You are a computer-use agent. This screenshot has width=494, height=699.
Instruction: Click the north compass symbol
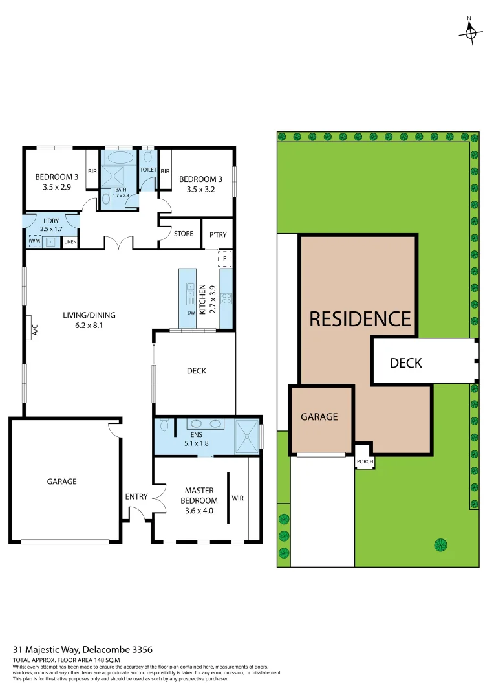click(471, 31)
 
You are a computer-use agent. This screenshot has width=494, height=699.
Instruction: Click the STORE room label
click(184, 234)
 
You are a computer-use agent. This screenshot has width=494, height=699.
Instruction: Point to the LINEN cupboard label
click(70, 242)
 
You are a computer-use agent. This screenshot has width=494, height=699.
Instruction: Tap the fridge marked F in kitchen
click(224, 259)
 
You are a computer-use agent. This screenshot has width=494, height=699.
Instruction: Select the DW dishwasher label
click(191, 313)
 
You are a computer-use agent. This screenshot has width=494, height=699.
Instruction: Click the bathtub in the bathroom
click(120, 157)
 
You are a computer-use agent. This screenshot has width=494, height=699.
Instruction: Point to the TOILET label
click(149, 170)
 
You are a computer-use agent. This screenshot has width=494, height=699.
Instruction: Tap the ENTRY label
click(136, 497)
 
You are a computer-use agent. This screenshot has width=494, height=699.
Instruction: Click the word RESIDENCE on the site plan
click(360, 319)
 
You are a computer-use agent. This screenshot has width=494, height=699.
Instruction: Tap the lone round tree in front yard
click(440, 543)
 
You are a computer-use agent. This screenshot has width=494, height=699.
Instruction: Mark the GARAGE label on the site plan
click(319, 417)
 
